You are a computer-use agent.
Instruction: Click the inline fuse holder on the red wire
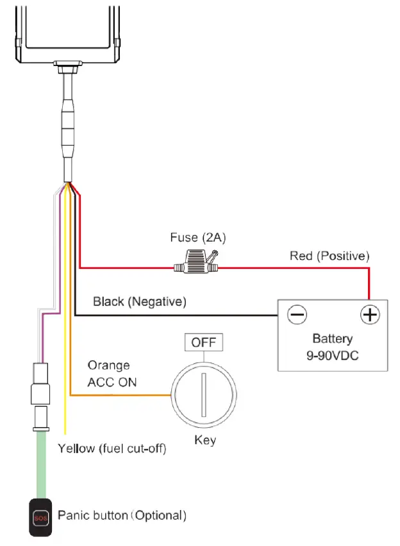[197, 264]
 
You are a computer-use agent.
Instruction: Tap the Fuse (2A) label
[198, 237]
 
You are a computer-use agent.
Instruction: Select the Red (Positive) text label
[329, 256]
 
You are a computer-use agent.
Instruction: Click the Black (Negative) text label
[139, 301]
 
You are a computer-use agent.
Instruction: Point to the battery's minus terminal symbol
[297, 314]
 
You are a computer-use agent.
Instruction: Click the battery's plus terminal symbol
[370, 314]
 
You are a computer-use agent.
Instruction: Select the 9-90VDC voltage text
[332, 355]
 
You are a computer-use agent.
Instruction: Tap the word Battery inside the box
[332, 339]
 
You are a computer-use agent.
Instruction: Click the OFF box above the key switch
[204, 343]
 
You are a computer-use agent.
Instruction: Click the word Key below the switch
[204, 440]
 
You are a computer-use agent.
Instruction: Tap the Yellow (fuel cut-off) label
[112, 448]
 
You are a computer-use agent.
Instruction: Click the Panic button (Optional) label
[122, 515]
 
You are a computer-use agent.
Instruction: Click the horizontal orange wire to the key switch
[119, 395]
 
